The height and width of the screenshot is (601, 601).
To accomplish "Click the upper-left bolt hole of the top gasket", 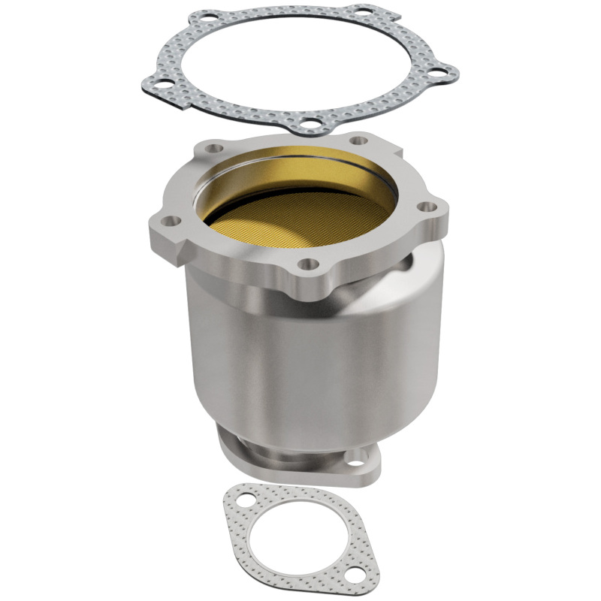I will (204, 17).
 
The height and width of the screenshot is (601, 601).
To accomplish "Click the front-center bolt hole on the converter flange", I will (306, 264).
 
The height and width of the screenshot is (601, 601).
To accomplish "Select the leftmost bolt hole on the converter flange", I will (170, 221).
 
